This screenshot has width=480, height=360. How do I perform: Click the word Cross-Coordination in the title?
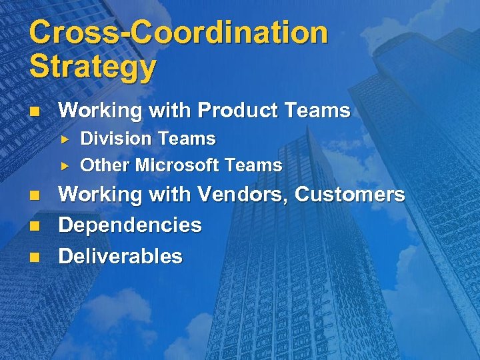click(179, 33)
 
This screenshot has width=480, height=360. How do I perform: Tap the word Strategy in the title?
click(93, 67)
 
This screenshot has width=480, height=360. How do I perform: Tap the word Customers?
click(349, 195)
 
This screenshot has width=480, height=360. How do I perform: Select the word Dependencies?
click(130, 225)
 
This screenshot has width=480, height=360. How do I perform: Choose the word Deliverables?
click(121, 256)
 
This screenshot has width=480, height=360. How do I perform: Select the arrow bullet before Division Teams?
click(65, 139)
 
